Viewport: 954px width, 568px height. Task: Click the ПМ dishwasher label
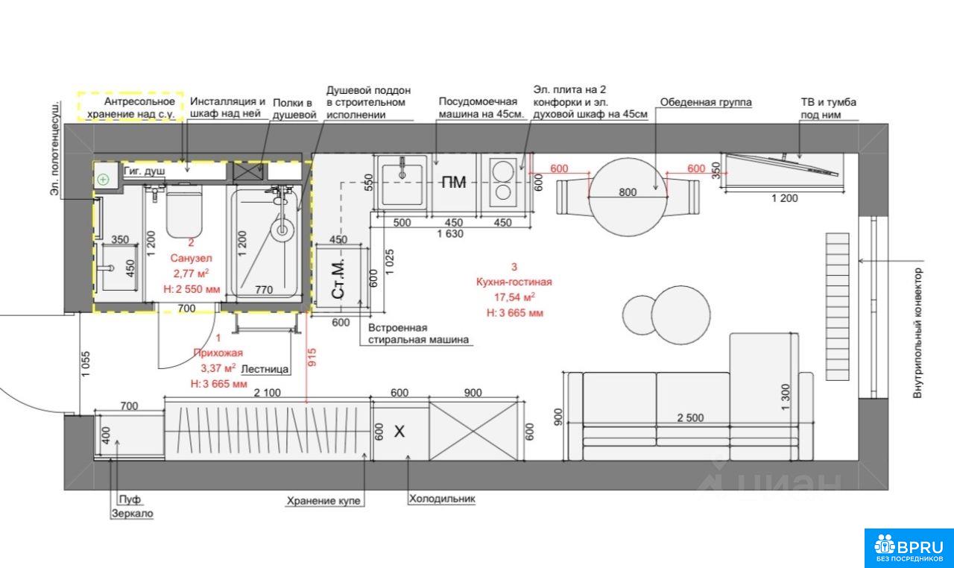point(454,183)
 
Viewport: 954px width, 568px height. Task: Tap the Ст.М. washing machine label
point(338,278)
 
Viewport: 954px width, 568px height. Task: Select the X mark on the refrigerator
point(399,432)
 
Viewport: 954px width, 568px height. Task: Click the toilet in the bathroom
point(183,211)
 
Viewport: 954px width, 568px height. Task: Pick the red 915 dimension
point(312,357)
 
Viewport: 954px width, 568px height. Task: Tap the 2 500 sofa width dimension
point(690,418)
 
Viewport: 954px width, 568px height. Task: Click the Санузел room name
point(191,258)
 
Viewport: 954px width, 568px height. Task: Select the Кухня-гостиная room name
point(514,282)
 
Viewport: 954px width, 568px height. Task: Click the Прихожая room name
point(218,353)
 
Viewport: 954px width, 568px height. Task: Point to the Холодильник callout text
point(442,499)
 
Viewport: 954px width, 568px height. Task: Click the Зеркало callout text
point(132,514)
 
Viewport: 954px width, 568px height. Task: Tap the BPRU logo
point(909,548)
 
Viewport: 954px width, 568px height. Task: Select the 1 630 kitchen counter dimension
point(450,234)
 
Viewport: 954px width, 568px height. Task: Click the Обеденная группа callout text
point(706,102)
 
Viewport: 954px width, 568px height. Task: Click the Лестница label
point(265,369)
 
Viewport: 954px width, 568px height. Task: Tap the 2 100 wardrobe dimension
point(267,393)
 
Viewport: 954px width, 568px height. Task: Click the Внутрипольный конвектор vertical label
point(917,333)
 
